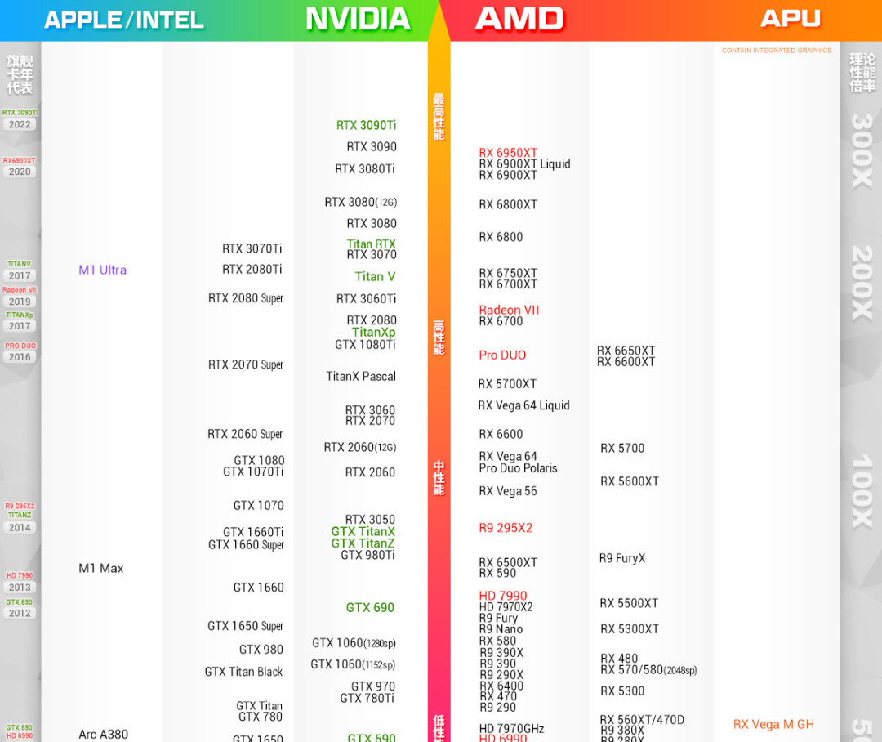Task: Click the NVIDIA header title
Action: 358,19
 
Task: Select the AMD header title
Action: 520,19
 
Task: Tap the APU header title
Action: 790,18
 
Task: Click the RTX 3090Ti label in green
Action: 366,125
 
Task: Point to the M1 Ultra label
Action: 102,270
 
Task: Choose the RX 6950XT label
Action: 508,153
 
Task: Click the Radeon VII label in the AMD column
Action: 509,310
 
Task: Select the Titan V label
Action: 375,276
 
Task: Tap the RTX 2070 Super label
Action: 245,364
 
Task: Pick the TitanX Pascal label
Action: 360,376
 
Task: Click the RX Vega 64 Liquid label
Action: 523,405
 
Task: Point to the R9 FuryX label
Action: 621,558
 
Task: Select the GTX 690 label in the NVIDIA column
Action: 370,607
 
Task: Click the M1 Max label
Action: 100,568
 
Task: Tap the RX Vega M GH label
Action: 773,724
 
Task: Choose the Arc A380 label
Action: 103,734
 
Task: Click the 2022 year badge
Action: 20,125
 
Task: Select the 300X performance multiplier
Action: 862,150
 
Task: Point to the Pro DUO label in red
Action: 502,355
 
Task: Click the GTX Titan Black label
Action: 243,672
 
